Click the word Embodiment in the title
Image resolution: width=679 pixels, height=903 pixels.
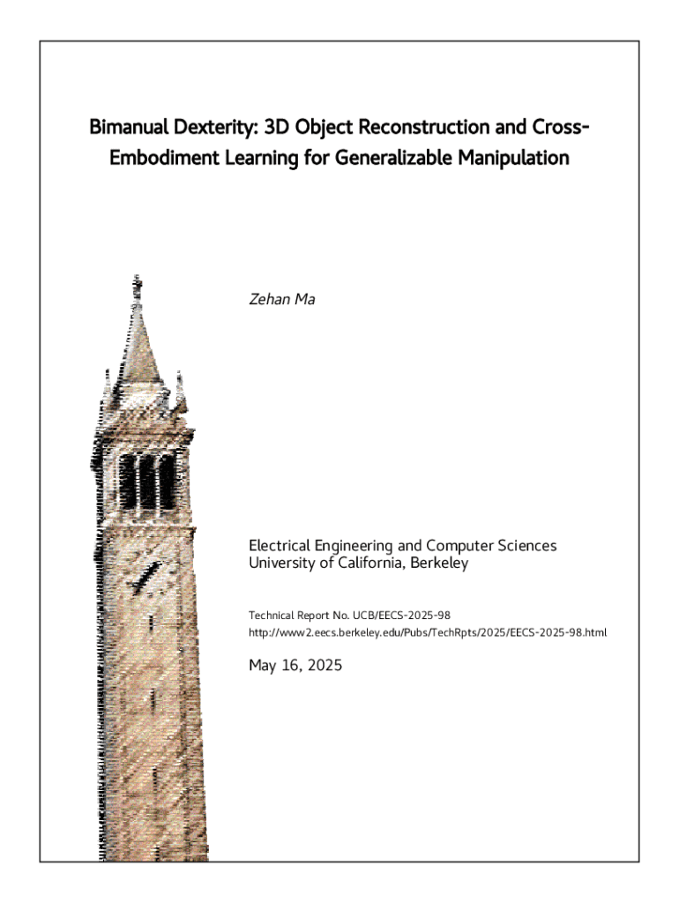pos(154,160)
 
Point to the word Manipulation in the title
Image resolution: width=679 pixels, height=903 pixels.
pos(511,160)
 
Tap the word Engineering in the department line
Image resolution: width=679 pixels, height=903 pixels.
pos(351,546)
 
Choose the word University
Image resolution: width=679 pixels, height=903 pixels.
pos(282,563)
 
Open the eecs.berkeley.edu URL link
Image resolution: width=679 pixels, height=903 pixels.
pos(428,632)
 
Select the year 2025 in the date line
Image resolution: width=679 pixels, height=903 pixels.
pos(319,665)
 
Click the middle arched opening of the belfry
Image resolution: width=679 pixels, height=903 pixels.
pos(147,482)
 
